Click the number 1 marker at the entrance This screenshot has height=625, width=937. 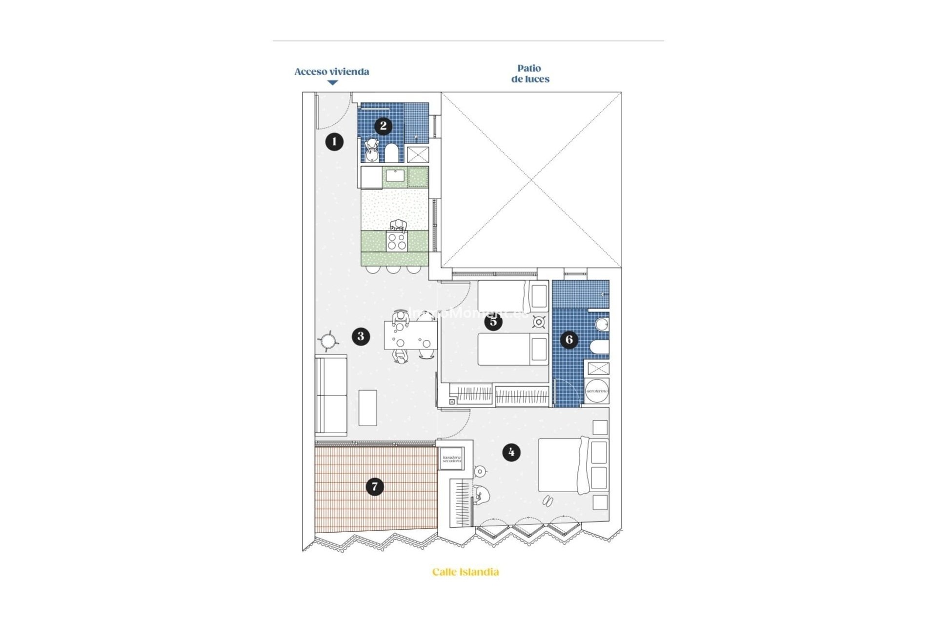334,142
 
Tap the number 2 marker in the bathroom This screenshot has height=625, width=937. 383,126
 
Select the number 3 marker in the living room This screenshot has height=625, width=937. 361,336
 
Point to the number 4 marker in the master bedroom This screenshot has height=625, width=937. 511,452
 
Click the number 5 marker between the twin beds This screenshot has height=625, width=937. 493,322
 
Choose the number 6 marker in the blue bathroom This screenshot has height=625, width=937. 569,339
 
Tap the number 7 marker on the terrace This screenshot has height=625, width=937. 375,486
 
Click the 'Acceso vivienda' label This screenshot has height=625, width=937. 332,72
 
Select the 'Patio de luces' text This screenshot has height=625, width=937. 530,74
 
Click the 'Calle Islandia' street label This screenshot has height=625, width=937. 466,572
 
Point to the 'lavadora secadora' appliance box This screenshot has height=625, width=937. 451,459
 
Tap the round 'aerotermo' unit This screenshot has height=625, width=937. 597,391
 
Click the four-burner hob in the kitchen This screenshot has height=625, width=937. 397,242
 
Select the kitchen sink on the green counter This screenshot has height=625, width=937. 395,176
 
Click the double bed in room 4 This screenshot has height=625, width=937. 561,465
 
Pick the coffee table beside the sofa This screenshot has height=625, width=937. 367,408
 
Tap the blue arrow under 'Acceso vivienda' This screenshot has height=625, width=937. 332,83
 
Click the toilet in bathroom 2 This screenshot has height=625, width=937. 391,153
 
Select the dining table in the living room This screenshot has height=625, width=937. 410,335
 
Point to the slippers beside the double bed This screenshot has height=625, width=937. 548,501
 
